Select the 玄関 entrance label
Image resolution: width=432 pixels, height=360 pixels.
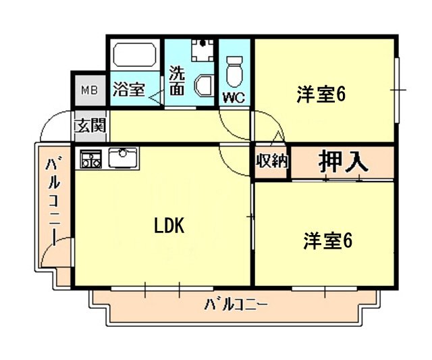pyautogui.click(x=88, y=126)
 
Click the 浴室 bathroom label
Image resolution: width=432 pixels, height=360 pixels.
pyautogui.click(x=129, y=89)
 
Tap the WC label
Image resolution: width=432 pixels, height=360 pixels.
pyautogui.click(x=234, y=97)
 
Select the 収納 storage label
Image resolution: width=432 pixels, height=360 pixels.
pyautogui.click(x=271, y=161)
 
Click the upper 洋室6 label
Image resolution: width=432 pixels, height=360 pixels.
pyautogui.click(x=321, y=95)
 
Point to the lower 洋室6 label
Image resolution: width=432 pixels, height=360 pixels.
pyautogui.click(x=328, y=240)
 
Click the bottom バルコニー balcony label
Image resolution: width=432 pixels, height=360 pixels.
pyautogui.click(x=236, y=305)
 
